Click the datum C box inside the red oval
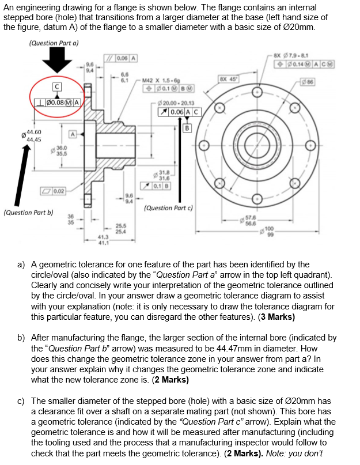(56, 86)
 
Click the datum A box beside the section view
(73, 134)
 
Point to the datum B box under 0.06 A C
(187, 128)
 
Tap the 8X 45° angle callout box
(226, 79)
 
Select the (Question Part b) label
(28, 212)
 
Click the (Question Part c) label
(168, 208)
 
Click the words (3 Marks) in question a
(273, 317)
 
